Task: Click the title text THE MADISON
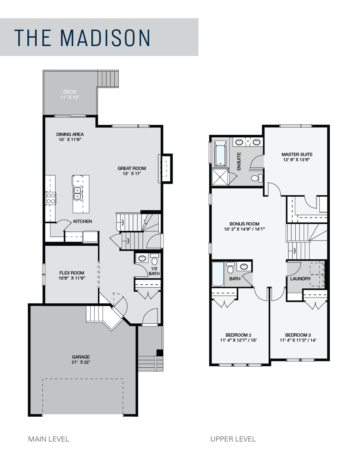(82, 38)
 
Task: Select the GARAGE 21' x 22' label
(81, 359)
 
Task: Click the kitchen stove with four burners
(50, 198)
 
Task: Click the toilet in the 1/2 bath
(154, 261)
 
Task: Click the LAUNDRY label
(300, 279)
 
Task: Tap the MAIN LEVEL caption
(49, 439)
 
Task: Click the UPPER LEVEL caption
(233, 439)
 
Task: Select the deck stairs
(109, 79)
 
